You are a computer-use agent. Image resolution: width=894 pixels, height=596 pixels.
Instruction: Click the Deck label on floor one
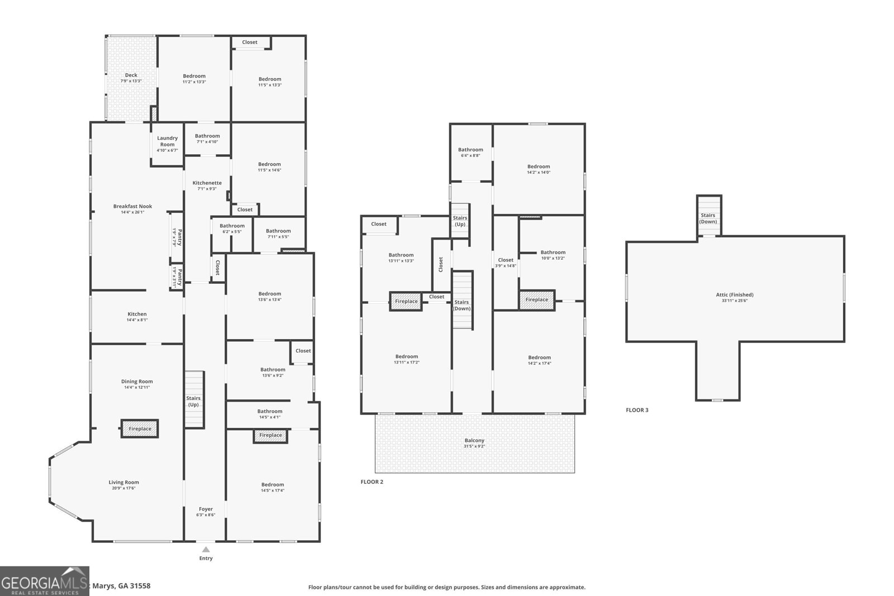(131, 75)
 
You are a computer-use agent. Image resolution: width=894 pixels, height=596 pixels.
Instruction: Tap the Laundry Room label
(167, 141)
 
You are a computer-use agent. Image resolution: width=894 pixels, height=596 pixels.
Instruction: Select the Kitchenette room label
(207, 183)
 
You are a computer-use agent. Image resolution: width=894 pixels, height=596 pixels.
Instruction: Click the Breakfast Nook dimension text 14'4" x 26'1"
(132, 212)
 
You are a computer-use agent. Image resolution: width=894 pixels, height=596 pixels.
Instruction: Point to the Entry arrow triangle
(206, 550)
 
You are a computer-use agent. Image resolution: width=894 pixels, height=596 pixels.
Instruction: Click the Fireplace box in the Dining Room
(140, 429)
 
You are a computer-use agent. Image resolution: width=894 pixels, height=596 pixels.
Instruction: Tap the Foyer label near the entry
(206, 509)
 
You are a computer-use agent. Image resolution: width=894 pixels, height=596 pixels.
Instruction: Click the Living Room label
(123, 483)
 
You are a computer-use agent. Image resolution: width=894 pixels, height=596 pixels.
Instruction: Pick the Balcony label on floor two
(474, 441)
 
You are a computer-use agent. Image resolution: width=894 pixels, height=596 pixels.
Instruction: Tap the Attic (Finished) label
(734, 295)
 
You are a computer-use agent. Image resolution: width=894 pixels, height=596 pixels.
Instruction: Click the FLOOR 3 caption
(637, 410)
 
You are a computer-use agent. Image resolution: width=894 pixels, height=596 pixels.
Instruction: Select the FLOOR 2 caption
(372, 481)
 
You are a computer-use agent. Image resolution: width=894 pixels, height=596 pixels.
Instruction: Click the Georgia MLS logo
(44, 581)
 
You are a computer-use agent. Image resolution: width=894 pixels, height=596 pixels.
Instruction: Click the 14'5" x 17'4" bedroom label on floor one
(272, 488)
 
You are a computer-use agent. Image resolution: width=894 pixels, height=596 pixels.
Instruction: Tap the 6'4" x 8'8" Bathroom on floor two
(470, 152)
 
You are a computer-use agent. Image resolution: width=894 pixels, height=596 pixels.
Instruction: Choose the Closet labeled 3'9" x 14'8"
(505, 263)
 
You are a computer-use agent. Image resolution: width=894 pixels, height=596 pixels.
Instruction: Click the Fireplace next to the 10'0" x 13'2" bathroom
(536, 300)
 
